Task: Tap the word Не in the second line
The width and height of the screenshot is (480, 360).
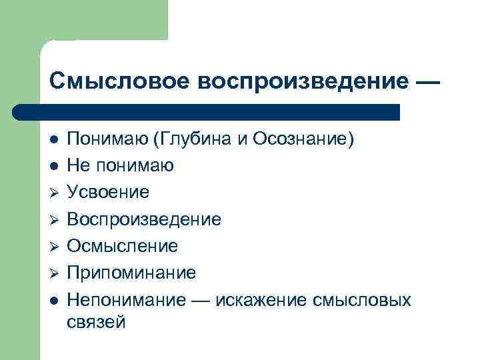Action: point(79,166)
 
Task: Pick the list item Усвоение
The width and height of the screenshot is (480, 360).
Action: point(108,193)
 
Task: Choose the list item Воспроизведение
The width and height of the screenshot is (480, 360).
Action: point(144,219)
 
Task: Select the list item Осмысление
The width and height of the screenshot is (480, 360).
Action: point(123,246)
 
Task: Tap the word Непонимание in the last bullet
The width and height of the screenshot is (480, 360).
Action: point(126,299)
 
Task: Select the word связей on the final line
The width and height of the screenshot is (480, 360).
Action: point(97,323)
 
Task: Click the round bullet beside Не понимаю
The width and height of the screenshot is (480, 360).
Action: point(55,166)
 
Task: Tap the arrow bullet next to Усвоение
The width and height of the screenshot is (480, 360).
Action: point(55,193)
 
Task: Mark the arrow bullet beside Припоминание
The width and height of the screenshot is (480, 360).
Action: point(55,273)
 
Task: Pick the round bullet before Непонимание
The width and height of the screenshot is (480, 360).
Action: point(55,299)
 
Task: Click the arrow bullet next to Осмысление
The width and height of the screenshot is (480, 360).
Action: point(55,246)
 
